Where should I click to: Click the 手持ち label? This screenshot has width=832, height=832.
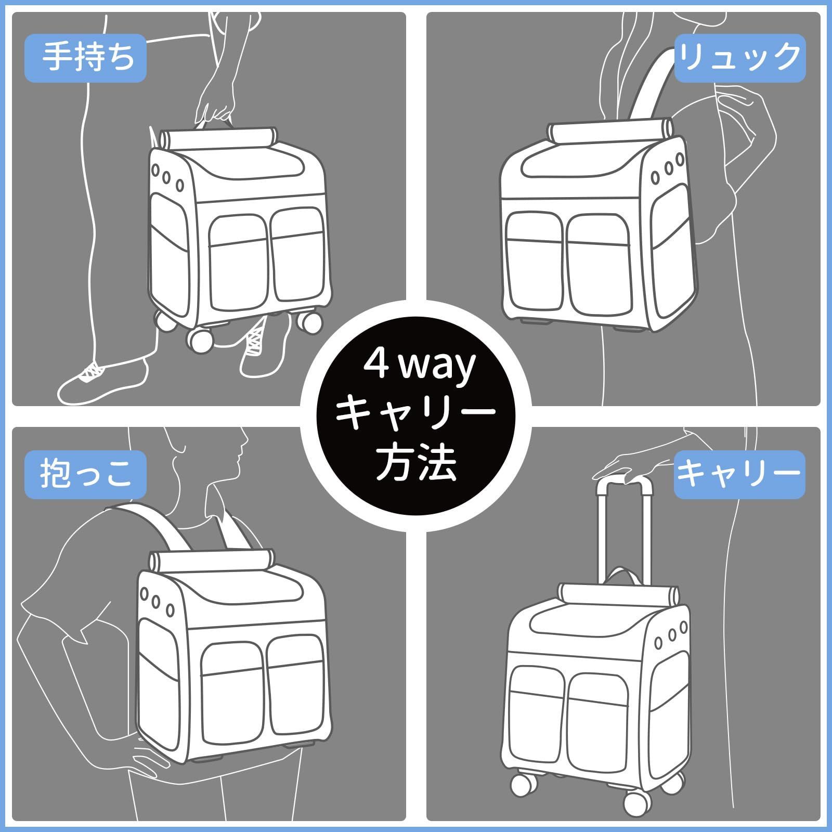[x=86, y=58]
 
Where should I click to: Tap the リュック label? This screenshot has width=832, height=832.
[x=739, y=58]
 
